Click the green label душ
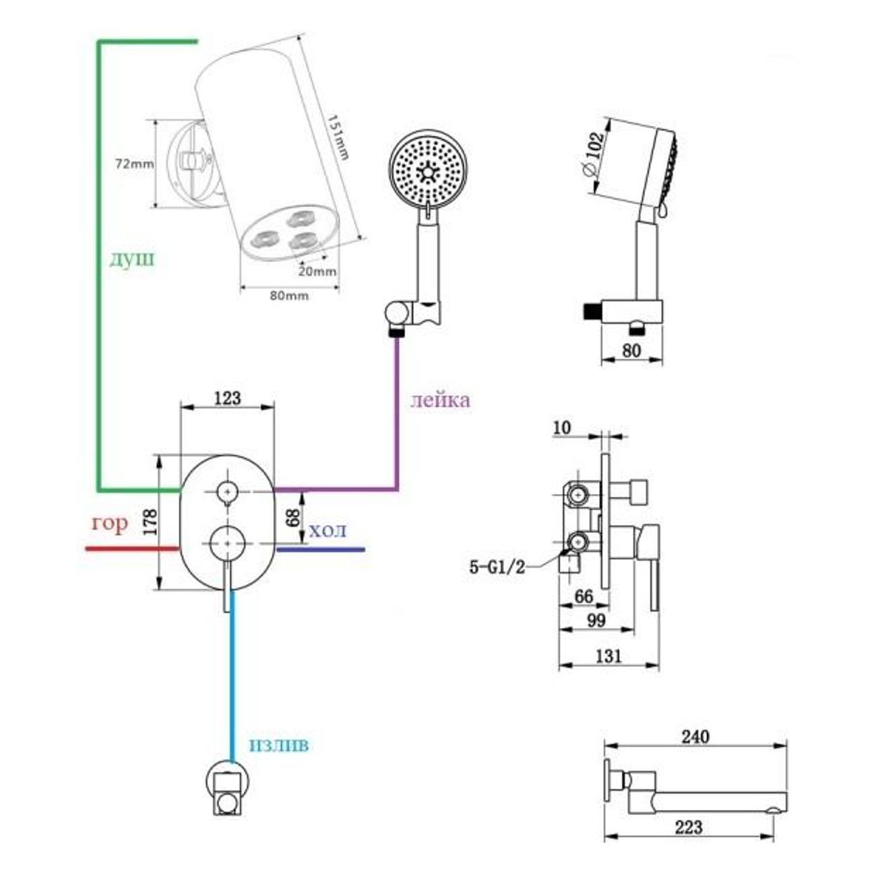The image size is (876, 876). point(132,259)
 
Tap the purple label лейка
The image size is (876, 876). point(440,400)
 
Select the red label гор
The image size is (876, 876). point(109,524)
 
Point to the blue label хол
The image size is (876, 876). point(328,531)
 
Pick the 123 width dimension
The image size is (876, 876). point(227,398)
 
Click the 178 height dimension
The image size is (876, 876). point(150,522)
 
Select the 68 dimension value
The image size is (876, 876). point(292,518)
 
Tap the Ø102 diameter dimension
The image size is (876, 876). point(592,154)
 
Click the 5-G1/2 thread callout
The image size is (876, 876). point(497,567)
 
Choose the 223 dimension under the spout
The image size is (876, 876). point(688,827)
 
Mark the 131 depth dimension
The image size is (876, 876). point(609,655)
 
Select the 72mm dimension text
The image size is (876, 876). point(134,164)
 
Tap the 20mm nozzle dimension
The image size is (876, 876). point(317,272)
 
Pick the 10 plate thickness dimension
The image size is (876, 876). point(561,428)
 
